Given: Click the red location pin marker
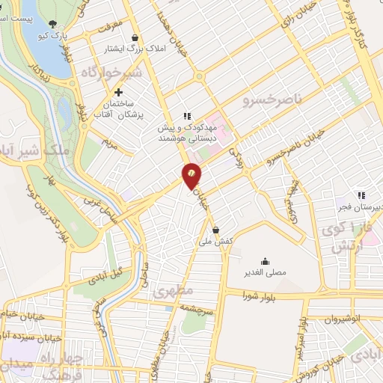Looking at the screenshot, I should tap(191, 175).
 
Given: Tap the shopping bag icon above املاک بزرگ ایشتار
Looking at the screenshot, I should tap(134, 38).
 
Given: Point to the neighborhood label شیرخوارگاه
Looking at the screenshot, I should tap(111, 73).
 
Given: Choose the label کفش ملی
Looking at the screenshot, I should tap(216, 242).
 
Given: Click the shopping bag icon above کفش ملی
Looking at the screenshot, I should tap(216, 230).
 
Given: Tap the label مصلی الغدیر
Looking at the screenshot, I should tap(266, 273).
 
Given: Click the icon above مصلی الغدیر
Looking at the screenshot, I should tap(266, 261).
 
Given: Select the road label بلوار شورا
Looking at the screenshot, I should tap(258, 297).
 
